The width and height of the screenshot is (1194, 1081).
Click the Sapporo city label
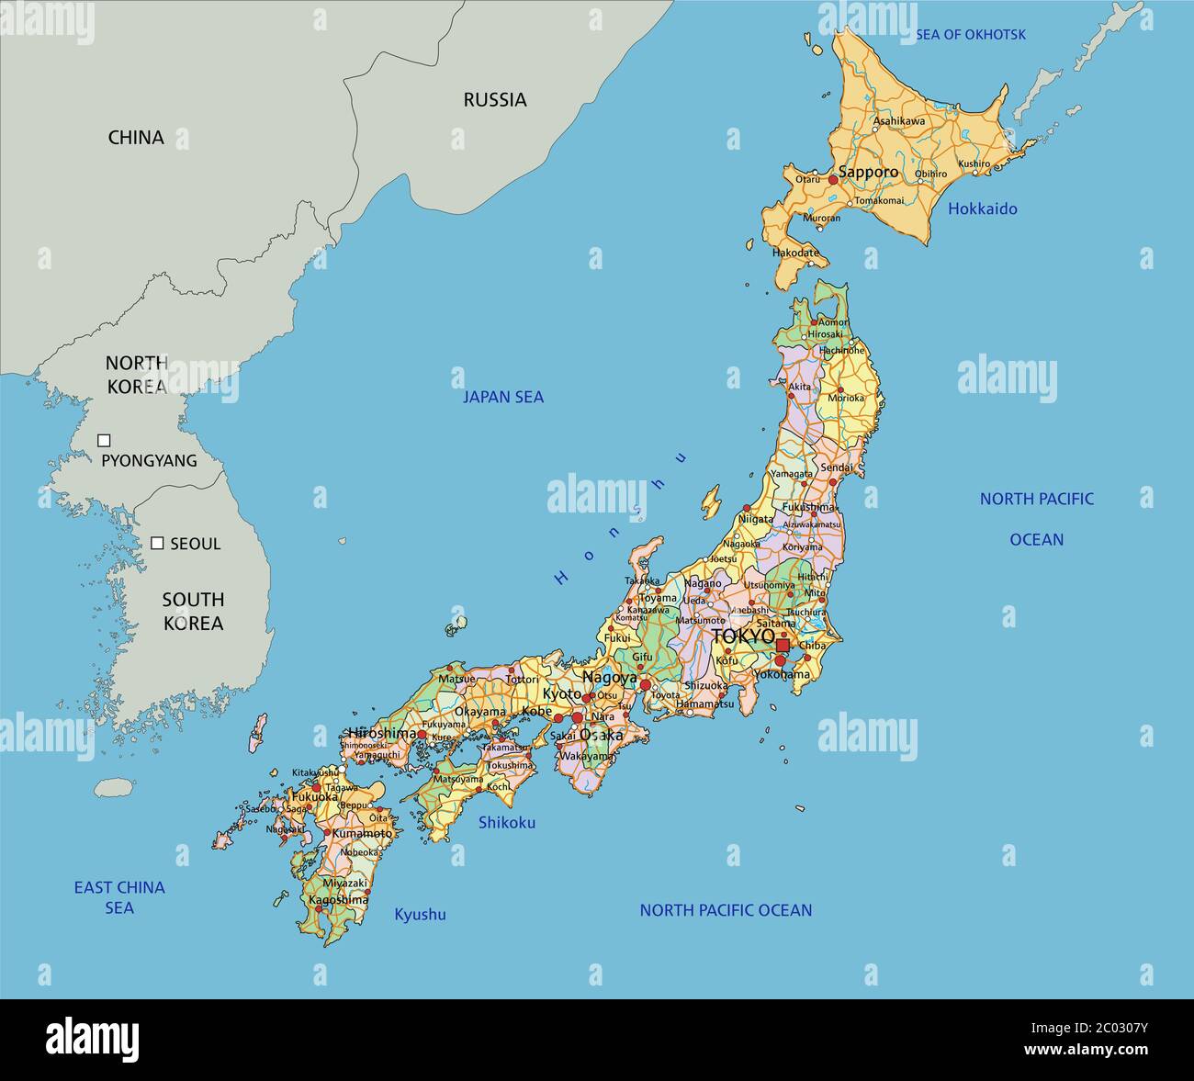tap(868, 173)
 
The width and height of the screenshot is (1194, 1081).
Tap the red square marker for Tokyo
tap(783, 646)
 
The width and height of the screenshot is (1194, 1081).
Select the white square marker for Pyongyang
tap(104, 441)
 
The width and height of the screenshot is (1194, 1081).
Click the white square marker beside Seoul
tap(157, 543)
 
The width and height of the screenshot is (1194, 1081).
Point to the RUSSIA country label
tap(494, 100)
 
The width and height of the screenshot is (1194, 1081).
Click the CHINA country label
tap(136, 138)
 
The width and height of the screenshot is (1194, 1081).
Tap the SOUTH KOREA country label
tap(193, 611)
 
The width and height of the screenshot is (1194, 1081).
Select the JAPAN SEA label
tap(502, 397)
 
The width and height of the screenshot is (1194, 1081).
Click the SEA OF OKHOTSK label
tap(970, 35)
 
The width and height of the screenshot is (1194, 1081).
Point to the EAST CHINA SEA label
tap(119, 897)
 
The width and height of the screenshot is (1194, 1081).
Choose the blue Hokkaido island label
tap(982, 208)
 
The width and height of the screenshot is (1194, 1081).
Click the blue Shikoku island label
tap(506, 822)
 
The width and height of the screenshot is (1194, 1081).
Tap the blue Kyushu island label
tap(420, 914)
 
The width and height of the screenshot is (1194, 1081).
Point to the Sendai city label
tap(837, 467)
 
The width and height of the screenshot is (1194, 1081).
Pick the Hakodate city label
tap(794, 252)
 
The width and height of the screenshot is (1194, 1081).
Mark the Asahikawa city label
tap(898, 120)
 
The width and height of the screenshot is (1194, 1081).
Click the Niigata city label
tap(755, 519)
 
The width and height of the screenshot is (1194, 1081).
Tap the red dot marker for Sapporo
tap(833, 181)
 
